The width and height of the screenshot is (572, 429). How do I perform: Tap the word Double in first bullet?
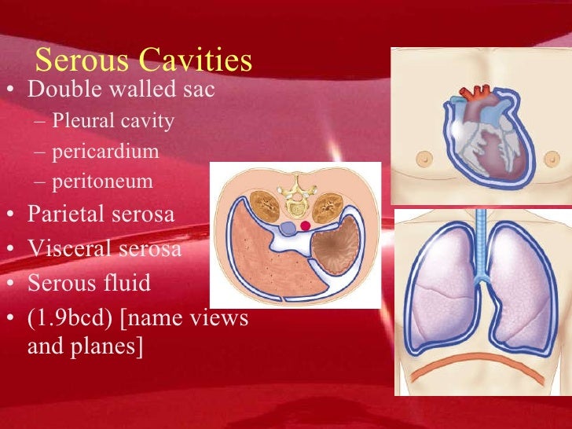click(64, 90)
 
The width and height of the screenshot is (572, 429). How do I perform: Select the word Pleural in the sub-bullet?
click(80, 122)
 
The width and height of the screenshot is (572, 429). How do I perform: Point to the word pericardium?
click(105, 152)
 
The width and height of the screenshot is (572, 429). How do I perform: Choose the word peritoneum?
click(103, 182)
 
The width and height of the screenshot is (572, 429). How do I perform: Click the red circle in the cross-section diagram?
click(306, 226)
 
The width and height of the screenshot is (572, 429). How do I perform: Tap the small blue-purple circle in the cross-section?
click(288, 228)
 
